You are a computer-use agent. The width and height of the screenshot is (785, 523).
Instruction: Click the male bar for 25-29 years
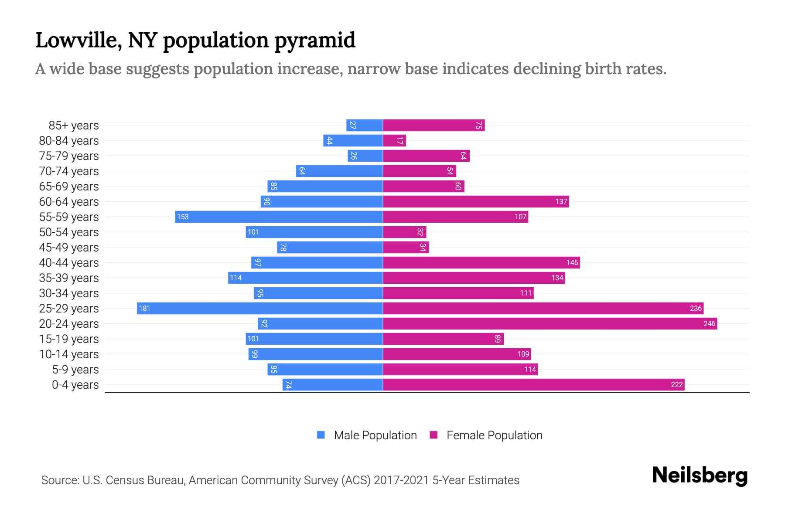260,309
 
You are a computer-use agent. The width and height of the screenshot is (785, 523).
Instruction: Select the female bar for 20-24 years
550,324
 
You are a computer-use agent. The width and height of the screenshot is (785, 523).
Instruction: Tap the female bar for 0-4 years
534,385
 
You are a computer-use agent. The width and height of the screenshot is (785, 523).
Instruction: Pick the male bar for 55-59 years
279,217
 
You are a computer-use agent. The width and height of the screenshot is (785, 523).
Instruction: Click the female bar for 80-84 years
394,141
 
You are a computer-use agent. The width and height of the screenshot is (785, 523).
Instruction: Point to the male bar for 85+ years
365,126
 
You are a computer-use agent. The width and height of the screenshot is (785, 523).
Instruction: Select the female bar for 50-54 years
404,232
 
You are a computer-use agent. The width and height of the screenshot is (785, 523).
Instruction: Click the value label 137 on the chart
561,202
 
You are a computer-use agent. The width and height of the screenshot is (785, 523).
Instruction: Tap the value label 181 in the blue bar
144,309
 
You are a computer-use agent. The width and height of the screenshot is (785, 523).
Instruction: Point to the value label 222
676,385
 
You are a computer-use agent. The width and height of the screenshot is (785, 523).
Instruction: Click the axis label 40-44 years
69,263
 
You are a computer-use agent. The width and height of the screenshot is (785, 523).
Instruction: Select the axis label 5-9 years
75,370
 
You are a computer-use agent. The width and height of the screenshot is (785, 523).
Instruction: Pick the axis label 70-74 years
69,171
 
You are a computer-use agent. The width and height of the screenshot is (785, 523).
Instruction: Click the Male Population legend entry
367,435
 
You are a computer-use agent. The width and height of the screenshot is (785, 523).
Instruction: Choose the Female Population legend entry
486,435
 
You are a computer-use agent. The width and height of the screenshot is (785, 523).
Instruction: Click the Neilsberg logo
700,475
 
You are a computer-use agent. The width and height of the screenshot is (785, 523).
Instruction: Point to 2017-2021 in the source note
401,480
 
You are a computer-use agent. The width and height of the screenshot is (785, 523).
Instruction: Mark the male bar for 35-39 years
305,278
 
